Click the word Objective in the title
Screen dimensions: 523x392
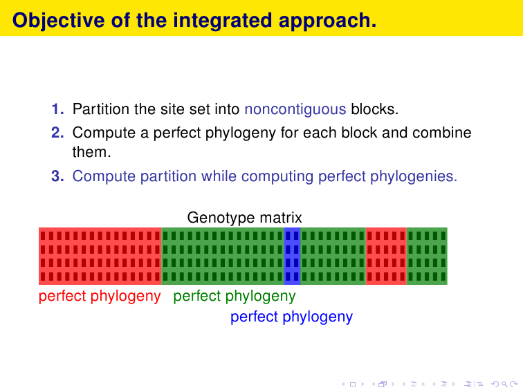pos(59,21)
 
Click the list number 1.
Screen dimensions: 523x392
pos(57,109)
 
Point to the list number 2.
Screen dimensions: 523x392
pos(57,132)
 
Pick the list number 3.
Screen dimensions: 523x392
pos(57,176)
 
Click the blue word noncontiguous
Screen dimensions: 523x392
pos(295,110)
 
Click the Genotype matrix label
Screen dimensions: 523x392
pos(244,218)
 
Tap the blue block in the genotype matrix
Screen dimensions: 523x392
pos(292,256)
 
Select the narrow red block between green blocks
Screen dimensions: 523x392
pos(386,256)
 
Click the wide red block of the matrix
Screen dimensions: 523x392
pos(100,256)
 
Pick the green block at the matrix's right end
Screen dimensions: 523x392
pos(427,256)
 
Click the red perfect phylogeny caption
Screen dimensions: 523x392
pos(100,297)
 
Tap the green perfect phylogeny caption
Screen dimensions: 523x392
pos(235,297)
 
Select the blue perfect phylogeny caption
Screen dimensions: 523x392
pos(291,317)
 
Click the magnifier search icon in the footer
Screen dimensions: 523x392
pos(504,384)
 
